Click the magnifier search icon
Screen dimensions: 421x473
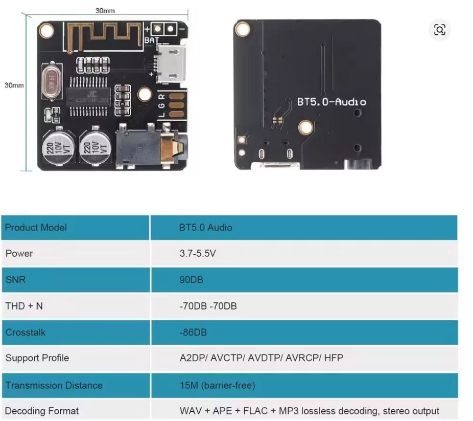[x=439, y=30]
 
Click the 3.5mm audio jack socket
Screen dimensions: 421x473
[x=148, y=147]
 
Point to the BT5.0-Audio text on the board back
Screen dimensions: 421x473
[x=332, y=102]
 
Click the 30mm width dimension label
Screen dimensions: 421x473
[x=105, y=10]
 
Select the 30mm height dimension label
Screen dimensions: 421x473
[x=14, y=85]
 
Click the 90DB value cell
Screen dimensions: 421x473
[x=188, y=280]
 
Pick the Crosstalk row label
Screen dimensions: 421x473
[x=25, y=333]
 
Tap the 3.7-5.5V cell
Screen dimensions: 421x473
[x=197, y=253]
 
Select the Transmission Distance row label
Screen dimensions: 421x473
[x=54, y=385]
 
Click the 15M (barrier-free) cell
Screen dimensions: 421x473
[x=217, y=385]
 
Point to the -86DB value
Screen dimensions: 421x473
[x=193, y=333]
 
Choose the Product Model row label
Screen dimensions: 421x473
[x=36, y=227]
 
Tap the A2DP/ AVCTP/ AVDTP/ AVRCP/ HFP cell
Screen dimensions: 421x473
[x=261, y=358]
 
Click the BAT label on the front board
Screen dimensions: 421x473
[x=152, y=40]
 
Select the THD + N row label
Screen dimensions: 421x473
[x=24, y=306]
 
